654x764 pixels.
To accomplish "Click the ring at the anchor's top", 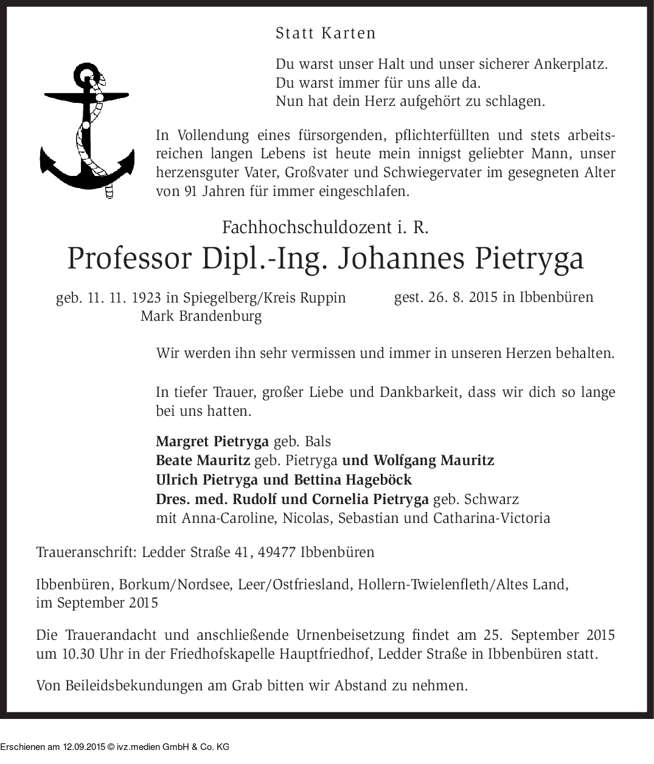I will click(85, 75).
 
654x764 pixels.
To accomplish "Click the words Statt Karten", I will click(325, 33).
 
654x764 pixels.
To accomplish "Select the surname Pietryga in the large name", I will click(527, 258).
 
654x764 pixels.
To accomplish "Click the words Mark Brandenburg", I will click(201, 316).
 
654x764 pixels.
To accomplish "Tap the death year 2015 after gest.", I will click(479, 298).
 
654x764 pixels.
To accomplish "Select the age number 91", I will click(191, 191).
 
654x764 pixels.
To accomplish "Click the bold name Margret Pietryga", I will click(212, 441).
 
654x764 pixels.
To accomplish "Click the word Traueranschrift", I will click(86, 553).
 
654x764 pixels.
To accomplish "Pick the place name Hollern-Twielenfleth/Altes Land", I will click(463, 585).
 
